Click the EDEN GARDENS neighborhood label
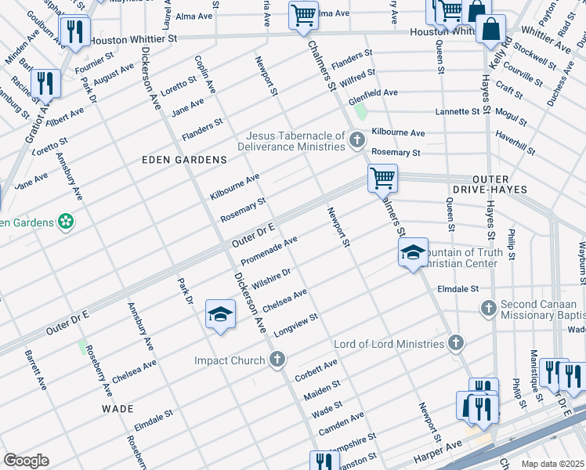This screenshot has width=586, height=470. (184, 159)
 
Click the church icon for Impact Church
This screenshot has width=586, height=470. (276, 360)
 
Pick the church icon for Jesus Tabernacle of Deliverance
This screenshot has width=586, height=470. (357, 140)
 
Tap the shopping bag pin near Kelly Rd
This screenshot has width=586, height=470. (490, 30)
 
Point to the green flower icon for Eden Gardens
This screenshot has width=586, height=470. (67, 222)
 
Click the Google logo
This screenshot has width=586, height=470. (26, 460)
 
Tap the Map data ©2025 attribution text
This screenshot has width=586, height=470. (552, 464)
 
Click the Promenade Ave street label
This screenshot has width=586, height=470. (269, 251)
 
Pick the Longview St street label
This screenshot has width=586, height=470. (296, 324)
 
